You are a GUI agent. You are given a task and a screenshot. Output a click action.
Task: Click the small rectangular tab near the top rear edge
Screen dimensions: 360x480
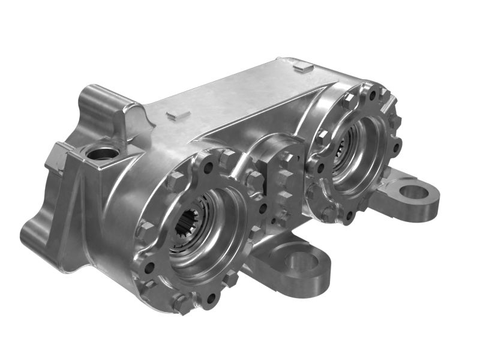[303, 68]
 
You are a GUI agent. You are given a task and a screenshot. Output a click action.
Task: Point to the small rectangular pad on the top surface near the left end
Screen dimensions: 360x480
[178, 114]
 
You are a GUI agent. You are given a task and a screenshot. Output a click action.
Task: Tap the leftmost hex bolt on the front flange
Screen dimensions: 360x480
[146, 229]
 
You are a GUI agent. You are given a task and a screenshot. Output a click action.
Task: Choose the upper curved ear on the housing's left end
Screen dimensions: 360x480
[96, 99]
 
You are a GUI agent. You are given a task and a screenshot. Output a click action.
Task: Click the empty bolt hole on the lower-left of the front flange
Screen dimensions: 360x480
[150, 267]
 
